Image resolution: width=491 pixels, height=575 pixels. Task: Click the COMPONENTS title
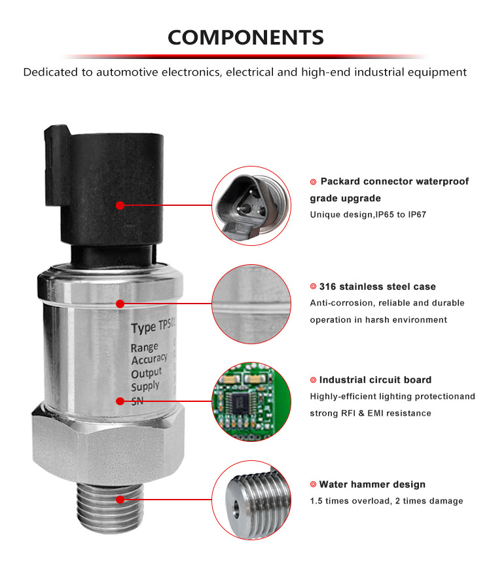tap(245, 37)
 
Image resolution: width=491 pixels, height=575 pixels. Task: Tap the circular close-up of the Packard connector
tap(251, 206)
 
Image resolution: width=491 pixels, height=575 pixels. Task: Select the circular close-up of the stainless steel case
tap(251, 304)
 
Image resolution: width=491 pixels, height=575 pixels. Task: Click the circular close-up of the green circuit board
tap(251, 401)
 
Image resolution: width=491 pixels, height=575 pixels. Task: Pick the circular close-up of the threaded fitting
tap(251, 500)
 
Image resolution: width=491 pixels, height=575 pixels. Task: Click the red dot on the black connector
tap(120, 205)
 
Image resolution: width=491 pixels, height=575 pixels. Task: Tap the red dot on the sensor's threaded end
tap(120, 500)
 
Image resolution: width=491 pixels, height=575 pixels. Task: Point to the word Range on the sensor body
tap(144, 347)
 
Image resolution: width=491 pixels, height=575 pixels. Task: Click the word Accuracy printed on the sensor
tap(149, 359)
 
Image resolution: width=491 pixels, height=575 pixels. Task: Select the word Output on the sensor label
tap(146, 373)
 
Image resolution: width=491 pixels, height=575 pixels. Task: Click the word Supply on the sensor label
tap(145, 386)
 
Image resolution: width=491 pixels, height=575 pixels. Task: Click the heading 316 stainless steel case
tap(378, 287)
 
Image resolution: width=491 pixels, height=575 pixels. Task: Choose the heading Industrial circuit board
tap(375, 380)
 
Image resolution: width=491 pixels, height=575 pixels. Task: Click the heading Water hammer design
tap(373, 485)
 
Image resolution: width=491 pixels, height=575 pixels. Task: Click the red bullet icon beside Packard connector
tap(313, 182)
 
